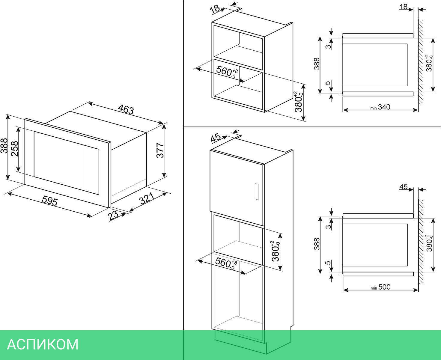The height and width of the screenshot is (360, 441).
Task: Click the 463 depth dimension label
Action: pos(126,109)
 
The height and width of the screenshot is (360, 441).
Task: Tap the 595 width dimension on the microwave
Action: pos(50,201)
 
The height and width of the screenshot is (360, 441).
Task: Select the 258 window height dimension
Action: pos(15,149)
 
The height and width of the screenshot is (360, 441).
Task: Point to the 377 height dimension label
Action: pos(160,150)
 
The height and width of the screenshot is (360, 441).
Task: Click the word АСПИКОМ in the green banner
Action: pos(43,344)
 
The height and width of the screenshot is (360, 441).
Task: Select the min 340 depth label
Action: pos(380,107)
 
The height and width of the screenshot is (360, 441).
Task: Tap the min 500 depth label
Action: pos(380,287)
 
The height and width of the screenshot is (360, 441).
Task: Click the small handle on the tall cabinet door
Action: pos(257,192)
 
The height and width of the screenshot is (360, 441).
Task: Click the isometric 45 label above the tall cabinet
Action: pos(216,138)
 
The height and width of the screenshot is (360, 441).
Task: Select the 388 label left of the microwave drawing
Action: pos(4,146)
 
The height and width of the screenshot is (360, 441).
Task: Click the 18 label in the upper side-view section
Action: pos(404,7)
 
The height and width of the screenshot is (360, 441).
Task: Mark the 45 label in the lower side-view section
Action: pos(404,187)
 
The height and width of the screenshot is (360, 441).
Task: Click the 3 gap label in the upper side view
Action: pos(329,46)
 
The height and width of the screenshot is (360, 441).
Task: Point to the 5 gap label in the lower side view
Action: pos(329,263)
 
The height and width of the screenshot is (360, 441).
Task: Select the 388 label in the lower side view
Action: pos(317,244)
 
